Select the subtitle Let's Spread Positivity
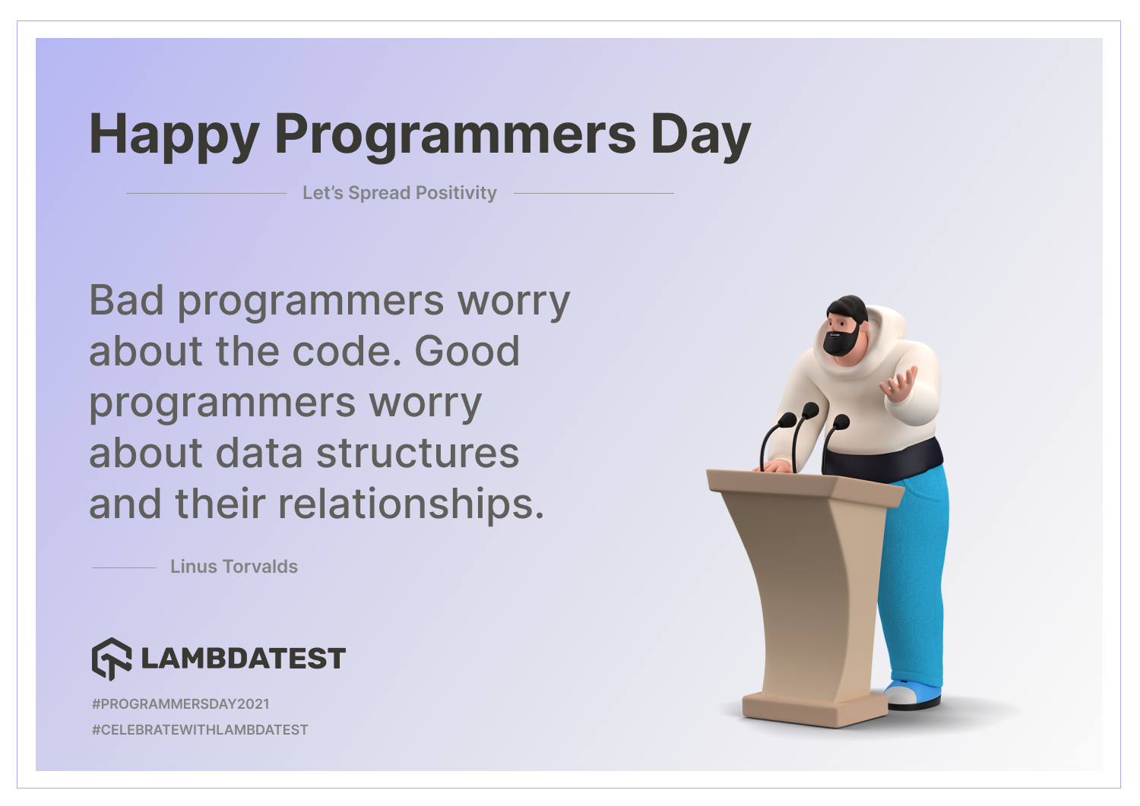(x=400, y=193)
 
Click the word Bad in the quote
(x=126, y=300)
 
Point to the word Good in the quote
(x=467, y=351)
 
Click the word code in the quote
(x=347, y=351)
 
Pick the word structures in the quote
(x=417, y=453)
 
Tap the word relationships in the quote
(x=411, y=504)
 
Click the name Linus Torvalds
(x=234, y=567)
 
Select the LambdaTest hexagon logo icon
(x=112, y=659)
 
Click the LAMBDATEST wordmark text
(x=243, y=659)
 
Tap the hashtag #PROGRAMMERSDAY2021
(x=181, y=703)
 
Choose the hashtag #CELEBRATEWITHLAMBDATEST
(x=200, y=730)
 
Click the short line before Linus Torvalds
(x=124, y=567)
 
